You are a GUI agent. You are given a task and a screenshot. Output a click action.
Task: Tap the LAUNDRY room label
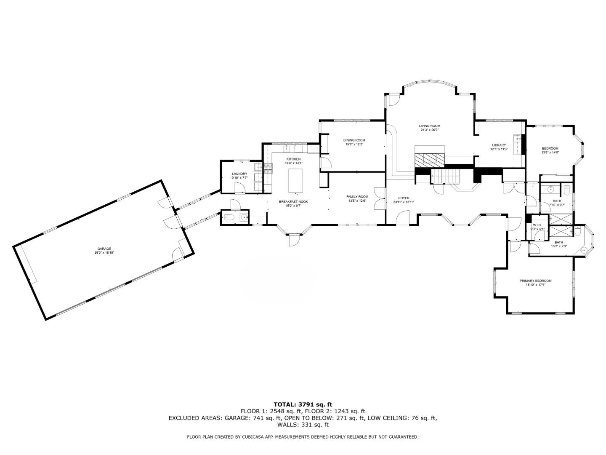pos(239,174)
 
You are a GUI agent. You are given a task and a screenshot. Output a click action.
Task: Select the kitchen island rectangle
pos(295,180)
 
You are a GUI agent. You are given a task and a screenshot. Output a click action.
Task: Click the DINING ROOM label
pos(354,140)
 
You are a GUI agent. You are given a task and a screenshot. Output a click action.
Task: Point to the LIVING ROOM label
pos(429,126)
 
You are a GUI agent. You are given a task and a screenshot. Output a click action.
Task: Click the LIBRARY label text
pos(499,145)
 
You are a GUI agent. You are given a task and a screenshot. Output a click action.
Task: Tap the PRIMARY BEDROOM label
pos(535,281)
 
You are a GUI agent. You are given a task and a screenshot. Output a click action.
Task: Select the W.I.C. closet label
pos(537,225)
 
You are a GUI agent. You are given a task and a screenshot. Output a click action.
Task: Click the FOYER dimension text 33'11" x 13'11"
pos(404,202)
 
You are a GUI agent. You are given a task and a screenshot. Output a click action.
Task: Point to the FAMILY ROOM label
pos(357,197)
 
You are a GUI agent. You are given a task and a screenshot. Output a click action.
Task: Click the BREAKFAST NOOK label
pos(293,202)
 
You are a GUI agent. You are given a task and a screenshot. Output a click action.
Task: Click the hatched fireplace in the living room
pos(430,159)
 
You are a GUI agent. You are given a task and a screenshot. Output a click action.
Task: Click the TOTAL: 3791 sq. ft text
pos(303,404)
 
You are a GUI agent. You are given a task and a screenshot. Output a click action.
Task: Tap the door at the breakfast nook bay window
pos(293,240)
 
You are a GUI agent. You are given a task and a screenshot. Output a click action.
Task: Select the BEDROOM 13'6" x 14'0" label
pos(550,148)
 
